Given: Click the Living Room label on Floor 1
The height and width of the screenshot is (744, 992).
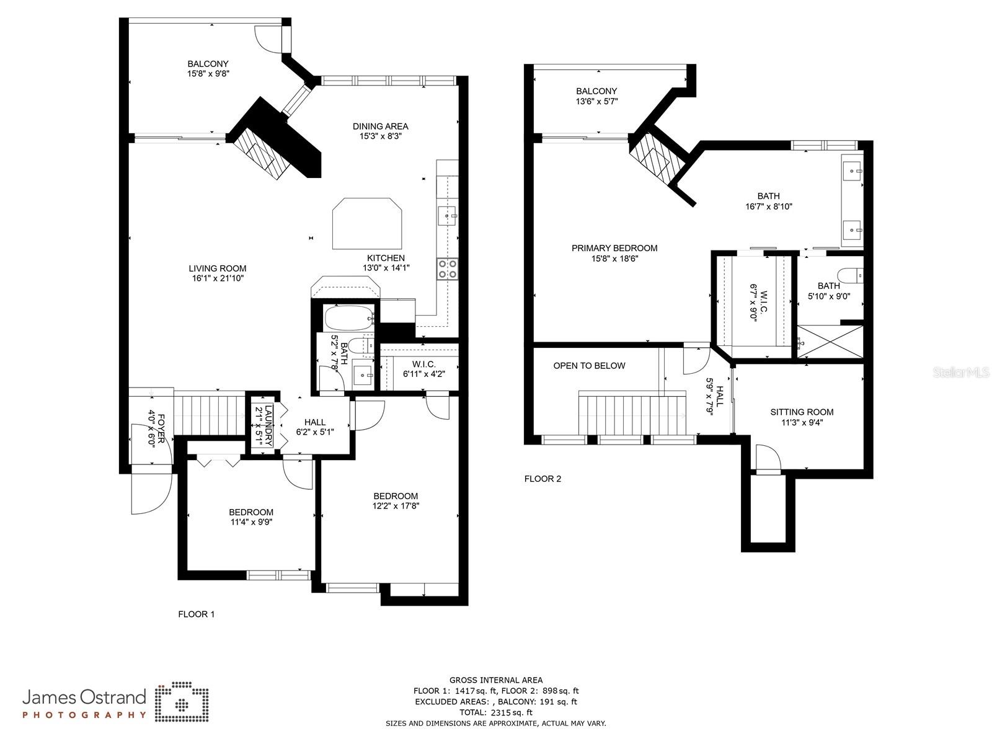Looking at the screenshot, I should (x=218, y=268).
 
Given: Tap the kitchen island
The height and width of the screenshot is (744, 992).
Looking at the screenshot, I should (x=366, y=224).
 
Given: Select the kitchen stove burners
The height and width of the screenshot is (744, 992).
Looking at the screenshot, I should (x=448, y=268).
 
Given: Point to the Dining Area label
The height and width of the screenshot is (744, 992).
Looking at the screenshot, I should (x=380, y=126).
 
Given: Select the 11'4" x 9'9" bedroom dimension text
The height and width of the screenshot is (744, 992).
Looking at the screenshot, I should (x=251, y=522).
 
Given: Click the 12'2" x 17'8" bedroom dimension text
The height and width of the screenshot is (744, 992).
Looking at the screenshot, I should (x=396, y=506).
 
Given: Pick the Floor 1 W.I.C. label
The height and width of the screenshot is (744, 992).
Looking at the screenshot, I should (x=423, y=364).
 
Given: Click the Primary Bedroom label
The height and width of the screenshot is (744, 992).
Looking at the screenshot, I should (x=614, y=248).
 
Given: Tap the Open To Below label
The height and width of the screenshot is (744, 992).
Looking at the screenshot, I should (x=589, y=366).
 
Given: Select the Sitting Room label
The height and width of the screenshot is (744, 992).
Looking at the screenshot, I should (x=802, y=412).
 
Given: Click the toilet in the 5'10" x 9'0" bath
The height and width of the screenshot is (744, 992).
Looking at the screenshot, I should (x=850, y=274).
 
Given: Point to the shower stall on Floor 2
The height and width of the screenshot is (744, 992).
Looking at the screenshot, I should (x=830, y=342).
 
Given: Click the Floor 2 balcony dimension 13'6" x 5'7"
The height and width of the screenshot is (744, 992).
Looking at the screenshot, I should (x=596, y=101).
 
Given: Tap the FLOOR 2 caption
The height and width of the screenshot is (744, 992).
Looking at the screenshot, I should (x=542, y=479).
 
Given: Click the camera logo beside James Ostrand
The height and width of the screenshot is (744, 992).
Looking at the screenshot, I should (x=182, y=702).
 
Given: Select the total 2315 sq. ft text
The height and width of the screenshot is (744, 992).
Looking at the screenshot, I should (x=495, y=712).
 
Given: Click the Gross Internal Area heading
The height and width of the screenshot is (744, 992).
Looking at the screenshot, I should (x=495, y=680).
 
